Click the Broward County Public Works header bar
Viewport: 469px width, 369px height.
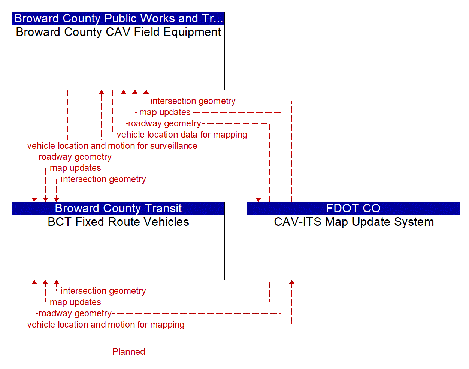(118, 18)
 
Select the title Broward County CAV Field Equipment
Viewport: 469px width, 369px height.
(118, 32)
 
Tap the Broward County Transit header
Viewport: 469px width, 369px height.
(118, 208)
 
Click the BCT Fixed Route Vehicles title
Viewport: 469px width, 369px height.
(118, 222)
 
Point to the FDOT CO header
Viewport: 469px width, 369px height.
(353, 208)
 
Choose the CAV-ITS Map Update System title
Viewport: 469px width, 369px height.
(354, 222)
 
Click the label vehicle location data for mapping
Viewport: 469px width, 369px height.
(182, 135)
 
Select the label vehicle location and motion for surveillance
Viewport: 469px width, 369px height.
(112, 146)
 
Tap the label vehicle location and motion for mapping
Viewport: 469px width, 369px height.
(106, 325)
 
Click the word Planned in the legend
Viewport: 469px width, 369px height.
(128, 352)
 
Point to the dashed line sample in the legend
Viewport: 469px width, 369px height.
(55, 352)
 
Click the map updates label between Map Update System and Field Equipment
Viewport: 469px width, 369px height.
(165, 112)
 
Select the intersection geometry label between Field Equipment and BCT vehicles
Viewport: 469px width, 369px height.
(103, 179)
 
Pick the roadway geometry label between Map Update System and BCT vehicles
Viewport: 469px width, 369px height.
(75, 313)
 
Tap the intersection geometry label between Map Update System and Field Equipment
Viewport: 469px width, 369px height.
(193, 101)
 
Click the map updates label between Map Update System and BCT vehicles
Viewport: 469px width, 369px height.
(75, 302)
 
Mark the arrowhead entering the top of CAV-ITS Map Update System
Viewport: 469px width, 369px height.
(258, 200)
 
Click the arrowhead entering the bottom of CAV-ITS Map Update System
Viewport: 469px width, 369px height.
(291, 282)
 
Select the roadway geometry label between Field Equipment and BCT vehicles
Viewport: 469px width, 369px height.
(75, 157)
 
